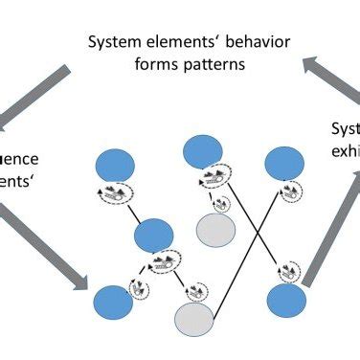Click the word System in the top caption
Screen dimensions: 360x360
pyautogui.click(x=112, y=43)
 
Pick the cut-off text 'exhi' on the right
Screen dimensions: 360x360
pyautogui.click(x=345, y=152)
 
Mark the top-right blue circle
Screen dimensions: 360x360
pyautogui.click(x=284, y=164)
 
